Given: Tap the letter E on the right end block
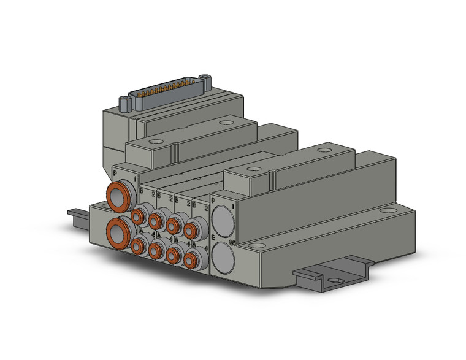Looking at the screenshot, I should coord(213,236).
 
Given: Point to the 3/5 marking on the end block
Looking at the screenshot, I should coord(232,243).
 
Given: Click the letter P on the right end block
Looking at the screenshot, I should coord(213,200).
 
